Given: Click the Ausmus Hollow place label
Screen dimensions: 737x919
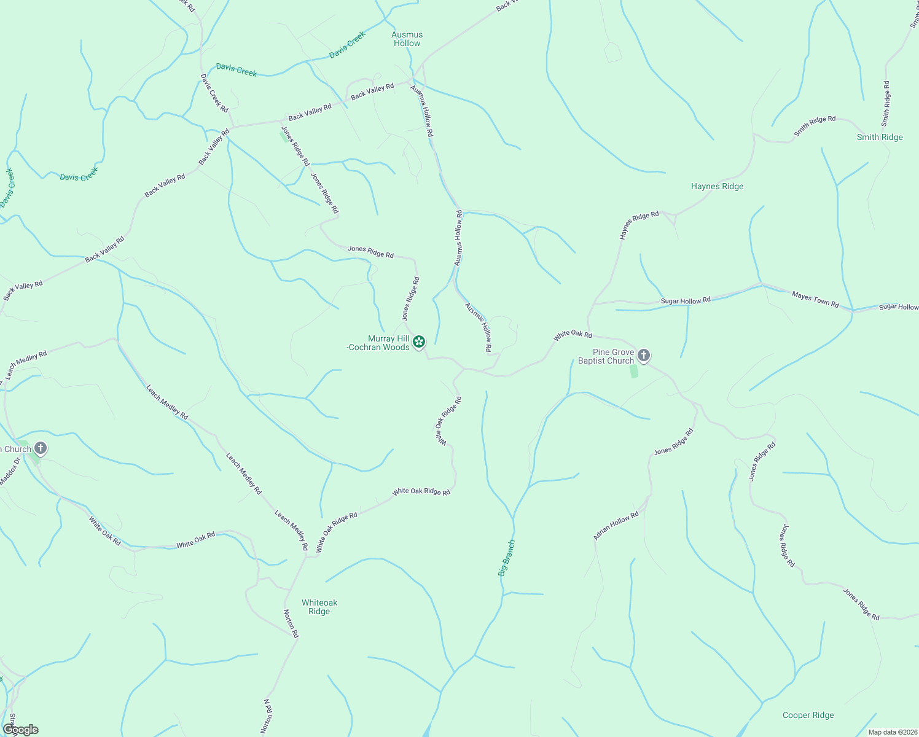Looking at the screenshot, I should point(407,39).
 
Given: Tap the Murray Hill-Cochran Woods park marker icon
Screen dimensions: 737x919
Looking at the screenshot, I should point(419,341).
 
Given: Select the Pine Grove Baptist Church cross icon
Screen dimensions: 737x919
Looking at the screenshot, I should point(643,355).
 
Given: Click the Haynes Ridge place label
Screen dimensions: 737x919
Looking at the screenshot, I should point(717,186).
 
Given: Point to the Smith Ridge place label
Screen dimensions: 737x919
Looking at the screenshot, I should point(880,137).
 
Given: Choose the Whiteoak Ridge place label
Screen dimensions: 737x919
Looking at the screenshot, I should point(319,607).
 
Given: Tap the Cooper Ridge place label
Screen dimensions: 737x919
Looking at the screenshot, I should point(808,715).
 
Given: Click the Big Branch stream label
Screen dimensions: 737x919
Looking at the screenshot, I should point(507,558).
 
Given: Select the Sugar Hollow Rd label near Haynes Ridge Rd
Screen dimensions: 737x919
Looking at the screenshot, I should point(686,300).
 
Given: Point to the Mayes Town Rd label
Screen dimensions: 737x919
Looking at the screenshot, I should point(815,299).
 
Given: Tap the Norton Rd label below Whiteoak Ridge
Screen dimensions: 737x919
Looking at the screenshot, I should point(291,623).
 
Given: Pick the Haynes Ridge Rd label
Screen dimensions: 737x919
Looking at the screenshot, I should point(639,225).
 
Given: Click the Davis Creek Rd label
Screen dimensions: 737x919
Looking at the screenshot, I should point(214,92).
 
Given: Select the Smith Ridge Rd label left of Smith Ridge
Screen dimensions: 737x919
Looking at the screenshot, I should point(815,126).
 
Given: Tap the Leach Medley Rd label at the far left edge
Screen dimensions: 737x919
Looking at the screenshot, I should point(26,365).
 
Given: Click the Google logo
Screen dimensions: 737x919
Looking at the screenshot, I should point(20,730).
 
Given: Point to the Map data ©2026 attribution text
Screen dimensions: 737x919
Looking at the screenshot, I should point(892,732).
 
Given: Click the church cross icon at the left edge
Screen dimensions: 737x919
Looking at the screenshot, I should point(41,448).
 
